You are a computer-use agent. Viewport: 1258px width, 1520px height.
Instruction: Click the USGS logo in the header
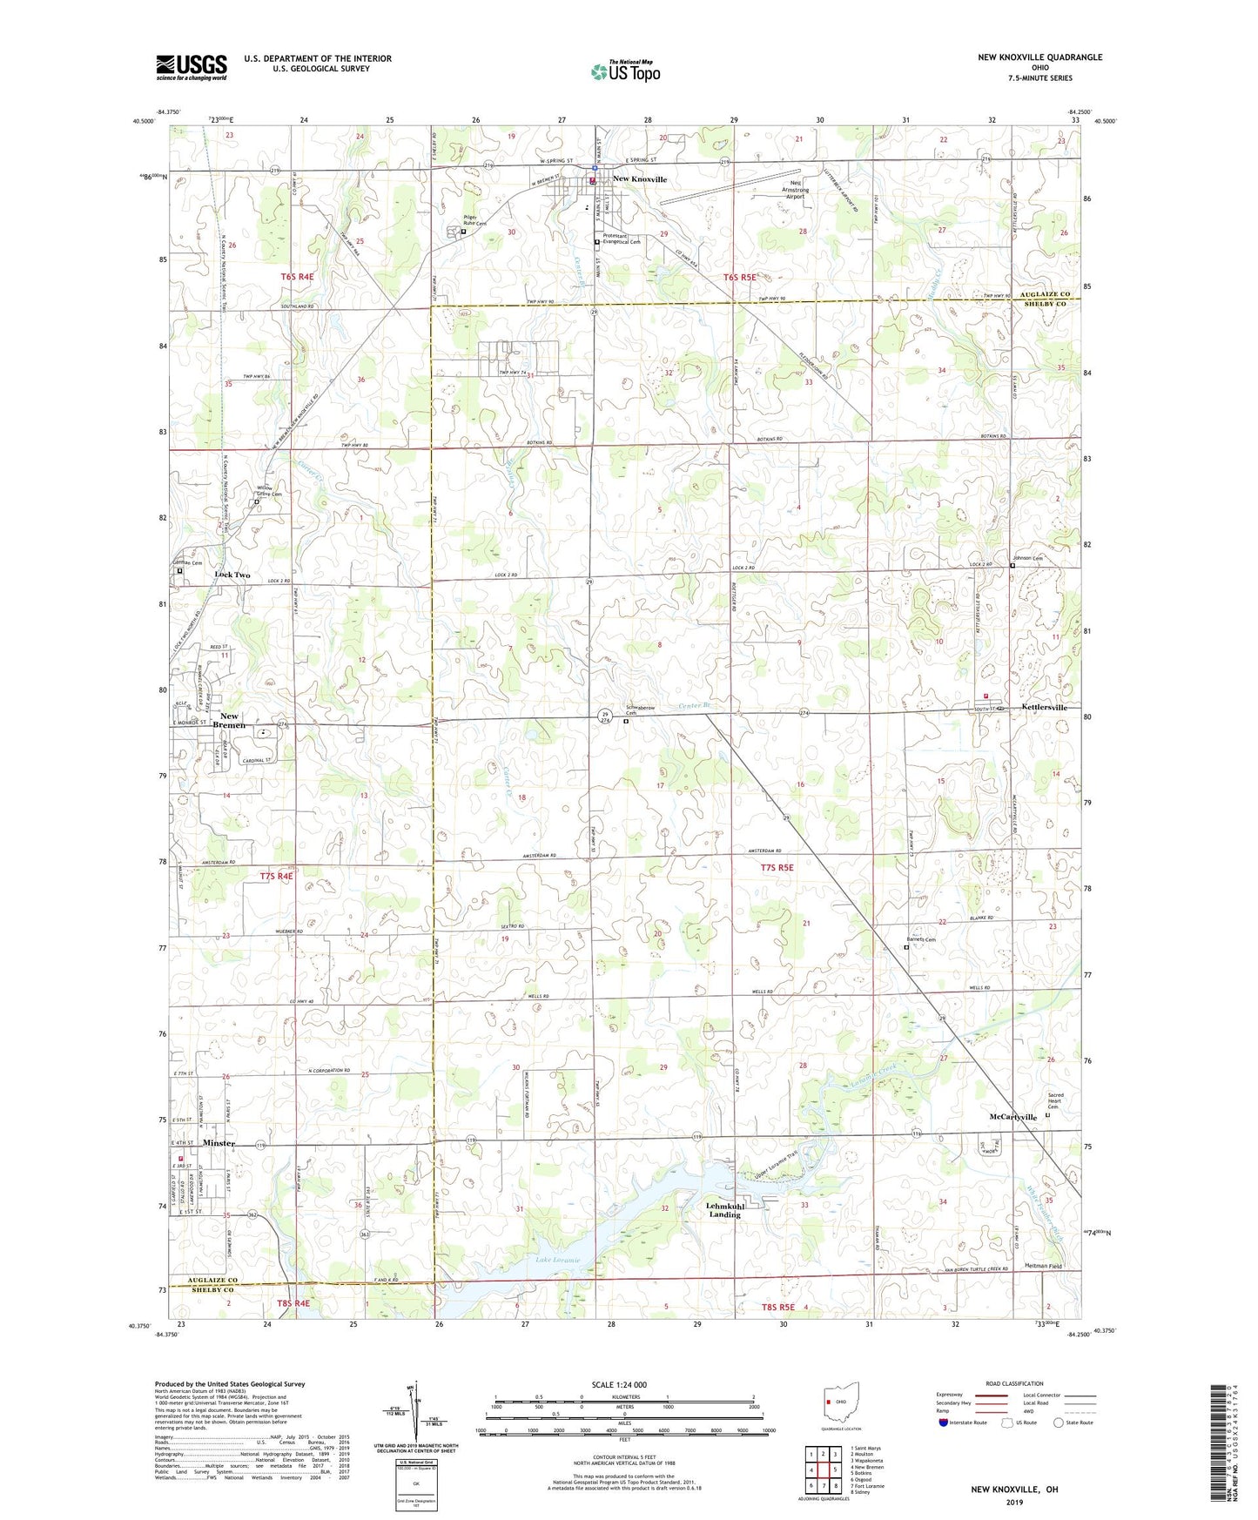click(191, 66)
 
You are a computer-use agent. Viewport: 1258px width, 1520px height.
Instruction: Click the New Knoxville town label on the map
click(640, 179)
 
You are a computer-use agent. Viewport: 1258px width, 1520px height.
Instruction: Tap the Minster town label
click(219, 1142)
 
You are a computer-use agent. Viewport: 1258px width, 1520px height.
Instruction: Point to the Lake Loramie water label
click(558, 1260)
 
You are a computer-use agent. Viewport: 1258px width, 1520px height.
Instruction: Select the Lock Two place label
click(232, 575)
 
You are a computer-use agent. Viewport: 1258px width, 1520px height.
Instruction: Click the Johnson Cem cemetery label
click(1027, 558)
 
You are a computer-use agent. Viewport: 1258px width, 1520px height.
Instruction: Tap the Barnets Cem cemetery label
click(921, 940)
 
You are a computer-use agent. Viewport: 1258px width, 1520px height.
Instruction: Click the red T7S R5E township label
click(777, 868)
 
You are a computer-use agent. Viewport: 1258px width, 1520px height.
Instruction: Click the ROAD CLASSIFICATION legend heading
click(1014, 1383)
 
